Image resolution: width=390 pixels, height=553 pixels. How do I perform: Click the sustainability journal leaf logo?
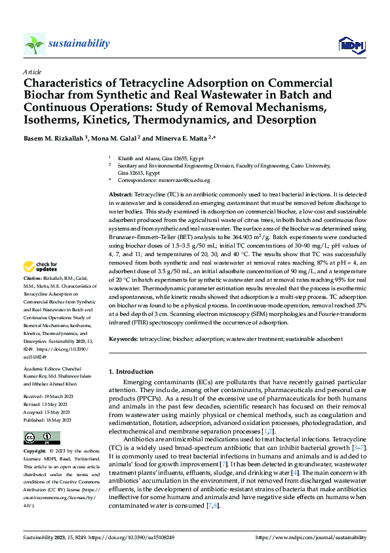tap(34, 44)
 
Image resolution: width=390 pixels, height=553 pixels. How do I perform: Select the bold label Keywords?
tap(123, 338)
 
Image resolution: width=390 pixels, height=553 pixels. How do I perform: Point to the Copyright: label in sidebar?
tap(35, 452)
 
